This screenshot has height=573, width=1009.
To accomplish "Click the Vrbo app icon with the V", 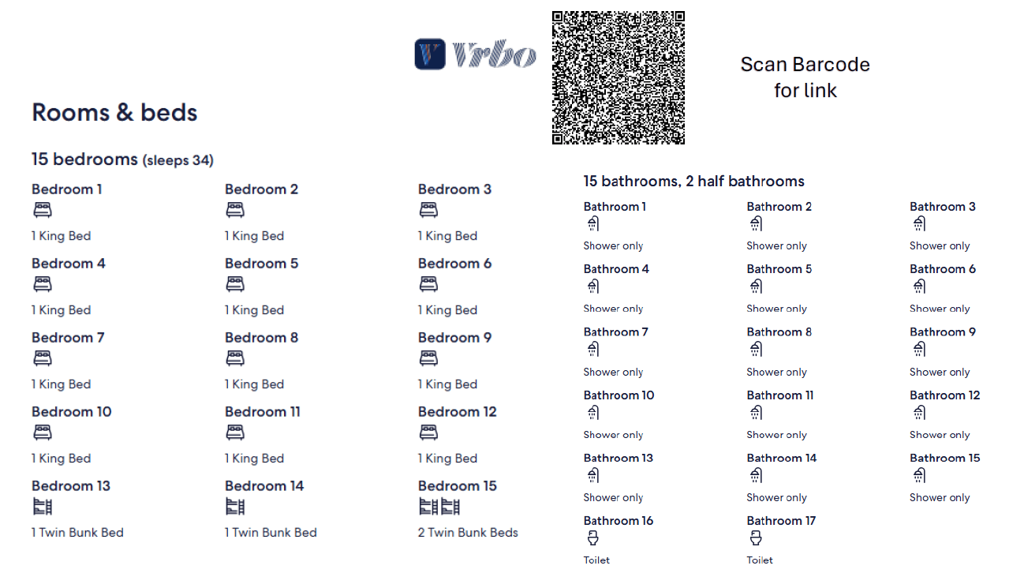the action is (430, 54).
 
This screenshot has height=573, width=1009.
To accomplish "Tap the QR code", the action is (618, 77).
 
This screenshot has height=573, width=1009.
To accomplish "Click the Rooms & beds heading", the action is (114, 112).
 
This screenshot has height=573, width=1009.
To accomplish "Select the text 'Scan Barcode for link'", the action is (805, 77).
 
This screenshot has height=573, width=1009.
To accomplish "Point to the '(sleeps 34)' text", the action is (178, 160).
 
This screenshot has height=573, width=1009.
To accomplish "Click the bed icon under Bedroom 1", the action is (43, 210).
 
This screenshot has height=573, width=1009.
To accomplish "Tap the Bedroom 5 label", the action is (261, 264).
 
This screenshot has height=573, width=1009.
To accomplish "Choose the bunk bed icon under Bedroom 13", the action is (43, 506).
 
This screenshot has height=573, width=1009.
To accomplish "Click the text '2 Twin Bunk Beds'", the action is (468, 533).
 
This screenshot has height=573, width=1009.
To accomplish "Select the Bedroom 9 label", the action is (454, 338).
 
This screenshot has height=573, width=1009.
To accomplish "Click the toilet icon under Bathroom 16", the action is (592, 537).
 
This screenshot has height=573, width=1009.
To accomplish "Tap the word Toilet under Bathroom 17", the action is (760, 560).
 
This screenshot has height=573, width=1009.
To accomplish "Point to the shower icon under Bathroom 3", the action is (919, 223).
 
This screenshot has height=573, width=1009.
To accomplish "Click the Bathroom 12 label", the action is (944, 395).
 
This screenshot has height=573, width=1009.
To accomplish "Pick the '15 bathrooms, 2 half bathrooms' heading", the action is (693, 182).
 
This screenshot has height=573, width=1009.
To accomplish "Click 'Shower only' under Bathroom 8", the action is (776, 372).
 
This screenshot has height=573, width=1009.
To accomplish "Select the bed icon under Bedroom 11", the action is (234, 433).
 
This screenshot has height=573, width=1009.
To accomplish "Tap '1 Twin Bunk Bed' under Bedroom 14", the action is (271, 533).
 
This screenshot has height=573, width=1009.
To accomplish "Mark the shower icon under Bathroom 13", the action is (592, 475).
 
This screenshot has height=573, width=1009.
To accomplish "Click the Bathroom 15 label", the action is (944, 458).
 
